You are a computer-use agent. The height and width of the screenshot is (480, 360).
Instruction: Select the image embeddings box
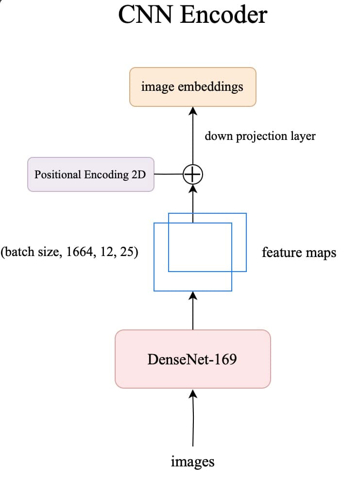(192, 87)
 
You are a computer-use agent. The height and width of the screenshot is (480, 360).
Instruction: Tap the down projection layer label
(260, 136)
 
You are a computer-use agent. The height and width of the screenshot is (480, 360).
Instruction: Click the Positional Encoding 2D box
(91, 174)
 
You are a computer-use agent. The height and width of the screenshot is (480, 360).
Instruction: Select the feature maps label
(299, 252)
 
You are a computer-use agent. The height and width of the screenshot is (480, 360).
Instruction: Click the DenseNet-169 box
(192, 359)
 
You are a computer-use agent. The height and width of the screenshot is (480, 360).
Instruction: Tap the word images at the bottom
(192, 461)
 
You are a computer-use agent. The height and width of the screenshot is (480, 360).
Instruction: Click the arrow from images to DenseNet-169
(193, 418)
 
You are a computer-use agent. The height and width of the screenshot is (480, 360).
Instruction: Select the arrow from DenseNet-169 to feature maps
(193, 311)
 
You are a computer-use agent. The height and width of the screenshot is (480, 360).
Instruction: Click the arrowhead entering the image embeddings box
(193, 111)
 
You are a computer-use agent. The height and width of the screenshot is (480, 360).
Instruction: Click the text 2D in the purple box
(138, 174)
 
